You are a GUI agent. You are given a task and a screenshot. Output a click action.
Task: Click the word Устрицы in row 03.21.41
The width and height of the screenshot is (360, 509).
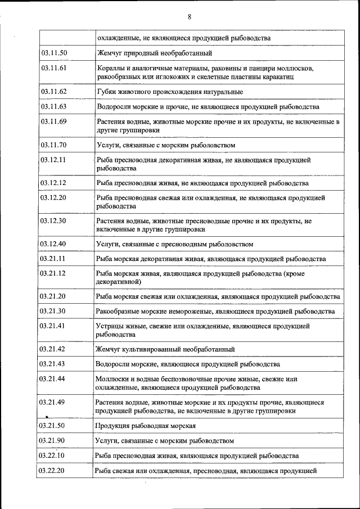pos(111,326)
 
